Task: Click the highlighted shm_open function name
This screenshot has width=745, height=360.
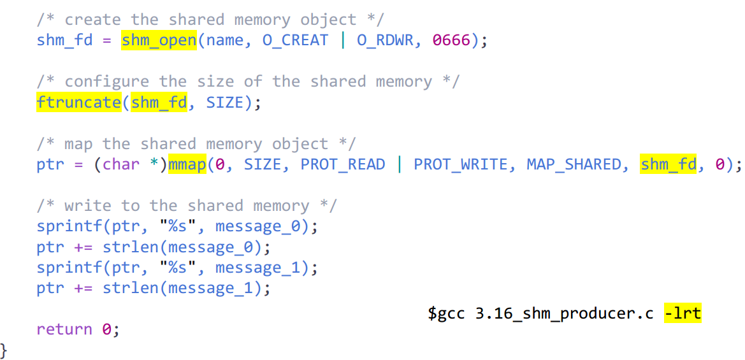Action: click(159, 41)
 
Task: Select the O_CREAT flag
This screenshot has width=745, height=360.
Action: click(295, 41)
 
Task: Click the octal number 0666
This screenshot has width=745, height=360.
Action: click(451, 41)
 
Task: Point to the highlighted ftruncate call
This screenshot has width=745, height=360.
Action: click(79, 103)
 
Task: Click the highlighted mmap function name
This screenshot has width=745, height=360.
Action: click(187, 164)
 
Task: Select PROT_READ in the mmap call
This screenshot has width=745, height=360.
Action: click(343, 164)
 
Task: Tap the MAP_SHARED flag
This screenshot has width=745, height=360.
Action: click(574, 164)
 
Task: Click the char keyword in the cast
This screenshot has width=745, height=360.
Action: click(121, 164)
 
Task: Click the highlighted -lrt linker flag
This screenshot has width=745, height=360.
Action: click(683, 313)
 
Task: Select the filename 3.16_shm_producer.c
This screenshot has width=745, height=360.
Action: click(564, 313)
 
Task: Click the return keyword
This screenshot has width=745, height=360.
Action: click(64, 329)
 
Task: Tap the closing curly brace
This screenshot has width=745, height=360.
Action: click(4, 350)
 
